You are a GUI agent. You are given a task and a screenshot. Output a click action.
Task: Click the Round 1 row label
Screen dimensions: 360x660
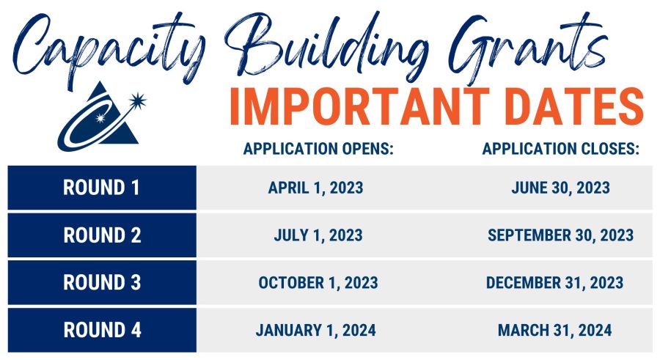coord(102,188)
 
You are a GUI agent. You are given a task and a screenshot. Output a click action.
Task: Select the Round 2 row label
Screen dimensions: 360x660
coord(102,235)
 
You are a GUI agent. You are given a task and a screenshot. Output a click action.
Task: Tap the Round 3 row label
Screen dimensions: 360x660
coord(102,282)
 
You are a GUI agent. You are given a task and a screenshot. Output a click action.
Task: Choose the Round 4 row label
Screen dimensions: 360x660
coord(102,330)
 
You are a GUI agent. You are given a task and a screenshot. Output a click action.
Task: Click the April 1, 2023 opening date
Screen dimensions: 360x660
coord(316,188)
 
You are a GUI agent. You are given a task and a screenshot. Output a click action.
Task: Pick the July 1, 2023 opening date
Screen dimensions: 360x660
coord(318,235)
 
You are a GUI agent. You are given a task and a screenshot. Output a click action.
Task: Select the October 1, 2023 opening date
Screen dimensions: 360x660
coord(318,282)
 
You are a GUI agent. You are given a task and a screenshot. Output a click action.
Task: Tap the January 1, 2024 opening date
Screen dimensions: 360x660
coord(316,330)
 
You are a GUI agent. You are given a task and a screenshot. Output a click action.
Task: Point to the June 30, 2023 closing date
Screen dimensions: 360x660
coord(561,188)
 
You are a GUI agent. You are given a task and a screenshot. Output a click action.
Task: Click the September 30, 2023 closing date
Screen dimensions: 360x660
coord(561,235)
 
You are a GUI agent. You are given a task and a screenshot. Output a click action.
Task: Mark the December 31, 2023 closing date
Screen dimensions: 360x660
coord(555,282)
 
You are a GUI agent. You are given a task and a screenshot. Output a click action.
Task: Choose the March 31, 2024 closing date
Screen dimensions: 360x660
coord(555,330)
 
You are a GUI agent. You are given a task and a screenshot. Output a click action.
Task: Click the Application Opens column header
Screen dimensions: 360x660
coord(319,149)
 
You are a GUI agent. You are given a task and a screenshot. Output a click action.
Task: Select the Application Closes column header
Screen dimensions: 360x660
coord(561,149)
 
